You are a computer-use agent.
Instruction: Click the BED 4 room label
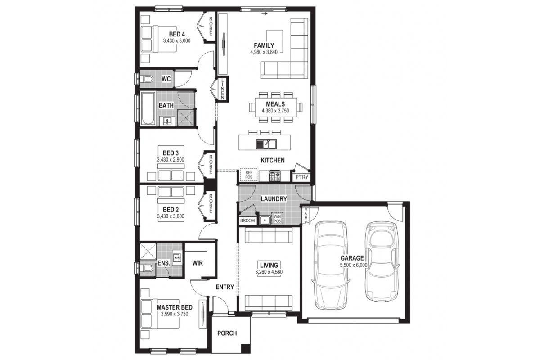click(177, 34)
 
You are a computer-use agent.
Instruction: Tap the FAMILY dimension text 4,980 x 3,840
click(264, 52)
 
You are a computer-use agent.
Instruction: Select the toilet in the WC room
click(147, 79)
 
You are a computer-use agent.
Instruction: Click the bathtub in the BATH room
click(148, 109)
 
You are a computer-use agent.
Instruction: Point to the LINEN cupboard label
click(222, 89)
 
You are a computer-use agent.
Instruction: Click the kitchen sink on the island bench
click(266, 144)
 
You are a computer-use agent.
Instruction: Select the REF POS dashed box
click(248, 175)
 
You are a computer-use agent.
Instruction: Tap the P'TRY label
click(302, 177)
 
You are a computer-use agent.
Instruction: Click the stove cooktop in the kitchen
click(275, 176)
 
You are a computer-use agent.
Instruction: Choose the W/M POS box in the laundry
click(277, 218)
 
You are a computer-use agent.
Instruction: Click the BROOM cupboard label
click(247, 220)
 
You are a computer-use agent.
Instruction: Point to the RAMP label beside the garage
click(306, 216)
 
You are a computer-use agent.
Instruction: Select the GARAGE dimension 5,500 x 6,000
click(354, 265)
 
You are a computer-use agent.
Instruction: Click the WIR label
click(198, 263)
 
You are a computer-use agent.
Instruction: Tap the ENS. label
click(164, 263)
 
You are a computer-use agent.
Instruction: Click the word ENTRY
click(225, 287)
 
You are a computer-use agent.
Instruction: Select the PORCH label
click(227, 333)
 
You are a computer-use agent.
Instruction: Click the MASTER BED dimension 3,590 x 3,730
click(175, 314)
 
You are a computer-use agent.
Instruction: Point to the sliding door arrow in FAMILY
click(265, 14)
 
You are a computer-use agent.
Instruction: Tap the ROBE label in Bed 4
click(211, 26)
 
